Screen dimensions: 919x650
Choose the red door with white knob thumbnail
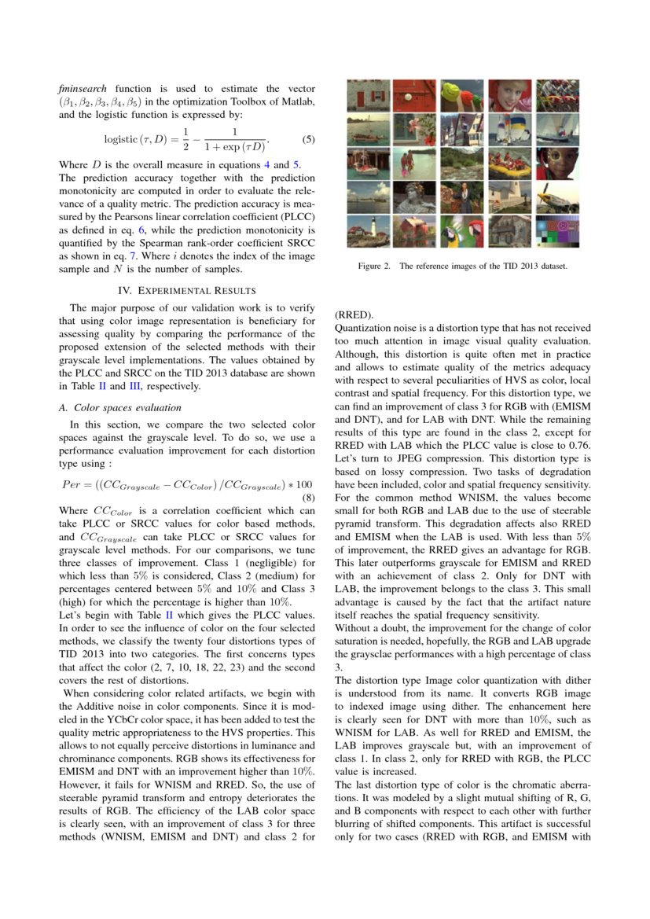[x=415, y=95]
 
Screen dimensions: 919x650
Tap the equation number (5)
[x=308, y=140]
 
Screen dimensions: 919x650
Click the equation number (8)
[x=308, y=498]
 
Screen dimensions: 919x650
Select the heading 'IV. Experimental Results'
[x=186, y=289]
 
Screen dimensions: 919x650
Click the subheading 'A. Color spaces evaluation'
[x=120, y=407]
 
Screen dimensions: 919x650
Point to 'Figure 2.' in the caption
[x=374, y=267]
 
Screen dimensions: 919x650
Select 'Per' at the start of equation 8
[x=71, y=484]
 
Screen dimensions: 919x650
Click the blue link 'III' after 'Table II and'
[x=135, y=386]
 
